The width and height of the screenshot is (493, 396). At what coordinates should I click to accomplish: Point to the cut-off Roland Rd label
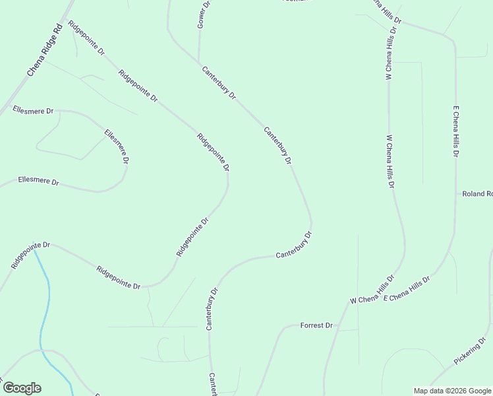click(x=477, y=194)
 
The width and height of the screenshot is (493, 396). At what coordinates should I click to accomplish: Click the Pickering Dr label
click(x=469, y=350)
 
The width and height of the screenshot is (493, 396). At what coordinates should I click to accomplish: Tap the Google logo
click(x=22, y=388)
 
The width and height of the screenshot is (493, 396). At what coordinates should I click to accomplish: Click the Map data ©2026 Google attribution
click(x=452, y=390)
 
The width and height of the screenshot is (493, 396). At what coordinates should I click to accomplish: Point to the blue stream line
click(x=45, y=310)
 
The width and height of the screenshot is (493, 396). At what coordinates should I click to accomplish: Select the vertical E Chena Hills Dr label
click(x=455, y=131)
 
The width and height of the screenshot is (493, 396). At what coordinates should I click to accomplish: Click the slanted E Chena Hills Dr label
click(x=406, y=289)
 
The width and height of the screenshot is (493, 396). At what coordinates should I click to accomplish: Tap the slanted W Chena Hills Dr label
click(x=372, y=290)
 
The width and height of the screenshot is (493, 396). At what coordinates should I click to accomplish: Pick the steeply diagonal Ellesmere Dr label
click(x=117, y=147)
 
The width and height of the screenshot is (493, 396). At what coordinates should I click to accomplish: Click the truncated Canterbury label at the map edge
click(x=213, y=385)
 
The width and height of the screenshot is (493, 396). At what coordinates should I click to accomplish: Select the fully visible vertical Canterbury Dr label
click(x=212, y=308)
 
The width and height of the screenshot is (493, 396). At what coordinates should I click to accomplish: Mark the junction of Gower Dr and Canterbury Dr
click(x=199, y=63)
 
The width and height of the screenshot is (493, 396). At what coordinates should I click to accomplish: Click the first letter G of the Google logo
click(x=9, y=388)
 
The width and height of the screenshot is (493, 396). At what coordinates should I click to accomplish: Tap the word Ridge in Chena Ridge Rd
click(x=47, y=48)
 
